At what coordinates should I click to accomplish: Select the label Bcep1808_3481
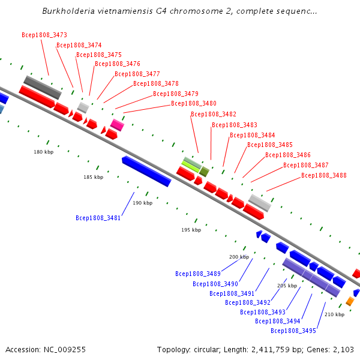click(98, 218)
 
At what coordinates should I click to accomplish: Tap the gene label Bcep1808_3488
click(324, 175)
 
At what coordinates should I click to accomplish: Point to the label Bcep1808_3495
click(293, 331)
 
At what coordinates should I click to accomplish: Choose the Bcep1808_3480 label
click(194, 104)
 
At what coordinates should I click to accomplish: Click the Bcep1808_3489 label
click(198, 274)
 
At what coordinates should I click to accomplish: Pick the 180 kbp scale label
click(43, 152)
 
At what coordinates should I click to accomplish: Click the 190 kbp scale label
click(143, 203)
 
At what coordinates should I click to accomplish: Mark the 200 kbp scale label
click(239, 257)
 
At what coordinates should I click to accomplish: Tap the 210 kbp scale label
click(334, 314)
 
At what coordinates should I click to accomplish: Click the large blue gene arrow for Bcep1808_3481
click(146, 171)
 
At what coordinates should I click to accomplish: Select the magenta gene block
click(118, 125)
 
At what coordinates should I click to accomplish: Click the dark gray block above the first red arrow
click(43, 88)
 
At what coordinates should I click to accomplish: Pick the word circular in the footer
click(216, 349)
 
